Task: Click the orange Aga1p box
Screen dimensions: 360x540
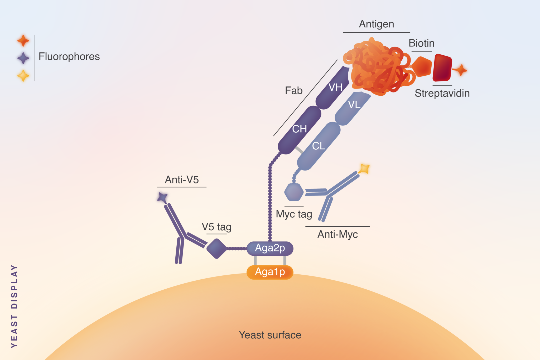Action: [x=270, y=272]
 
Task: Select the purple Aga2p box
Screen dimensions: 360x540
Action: [x=270, y=249]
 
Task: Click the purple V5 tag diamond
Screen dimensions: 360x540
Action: [x=216, y=249]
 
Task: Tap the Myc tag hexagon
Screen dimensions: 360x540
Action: [x=294, y=192]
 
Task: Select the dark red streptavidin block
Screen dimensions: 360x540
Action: [x=442, y=68]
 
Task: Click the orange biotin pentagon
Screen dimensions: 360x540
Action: [x=422, y=66]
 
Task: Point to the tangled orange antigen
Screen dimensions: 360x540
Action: [x=377, y=67]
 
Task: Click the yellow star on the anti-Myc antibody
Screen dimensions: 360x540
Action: [x=364, y=169]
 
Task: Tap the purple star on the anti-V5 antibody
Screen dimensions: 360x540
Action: [x=162, y=197]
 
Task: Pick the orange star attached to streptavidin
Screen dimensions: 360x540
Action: [x=461, y=70]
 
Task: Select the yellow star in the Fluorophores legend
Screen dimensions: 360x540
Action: [x=23, y=76]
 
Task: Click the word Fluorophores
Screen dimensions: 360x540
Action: [x=69, y=57]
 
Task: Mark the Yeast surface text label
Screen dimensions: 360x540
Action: [x=270, y=335]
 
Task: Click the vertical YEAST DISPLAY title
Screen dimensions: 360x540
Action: [x=15, y=306]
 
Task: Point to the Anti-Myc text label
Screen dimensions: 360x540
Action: [x=337, y=234]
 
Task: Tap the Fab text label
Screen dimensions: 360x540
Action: [x=293, y=91]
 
